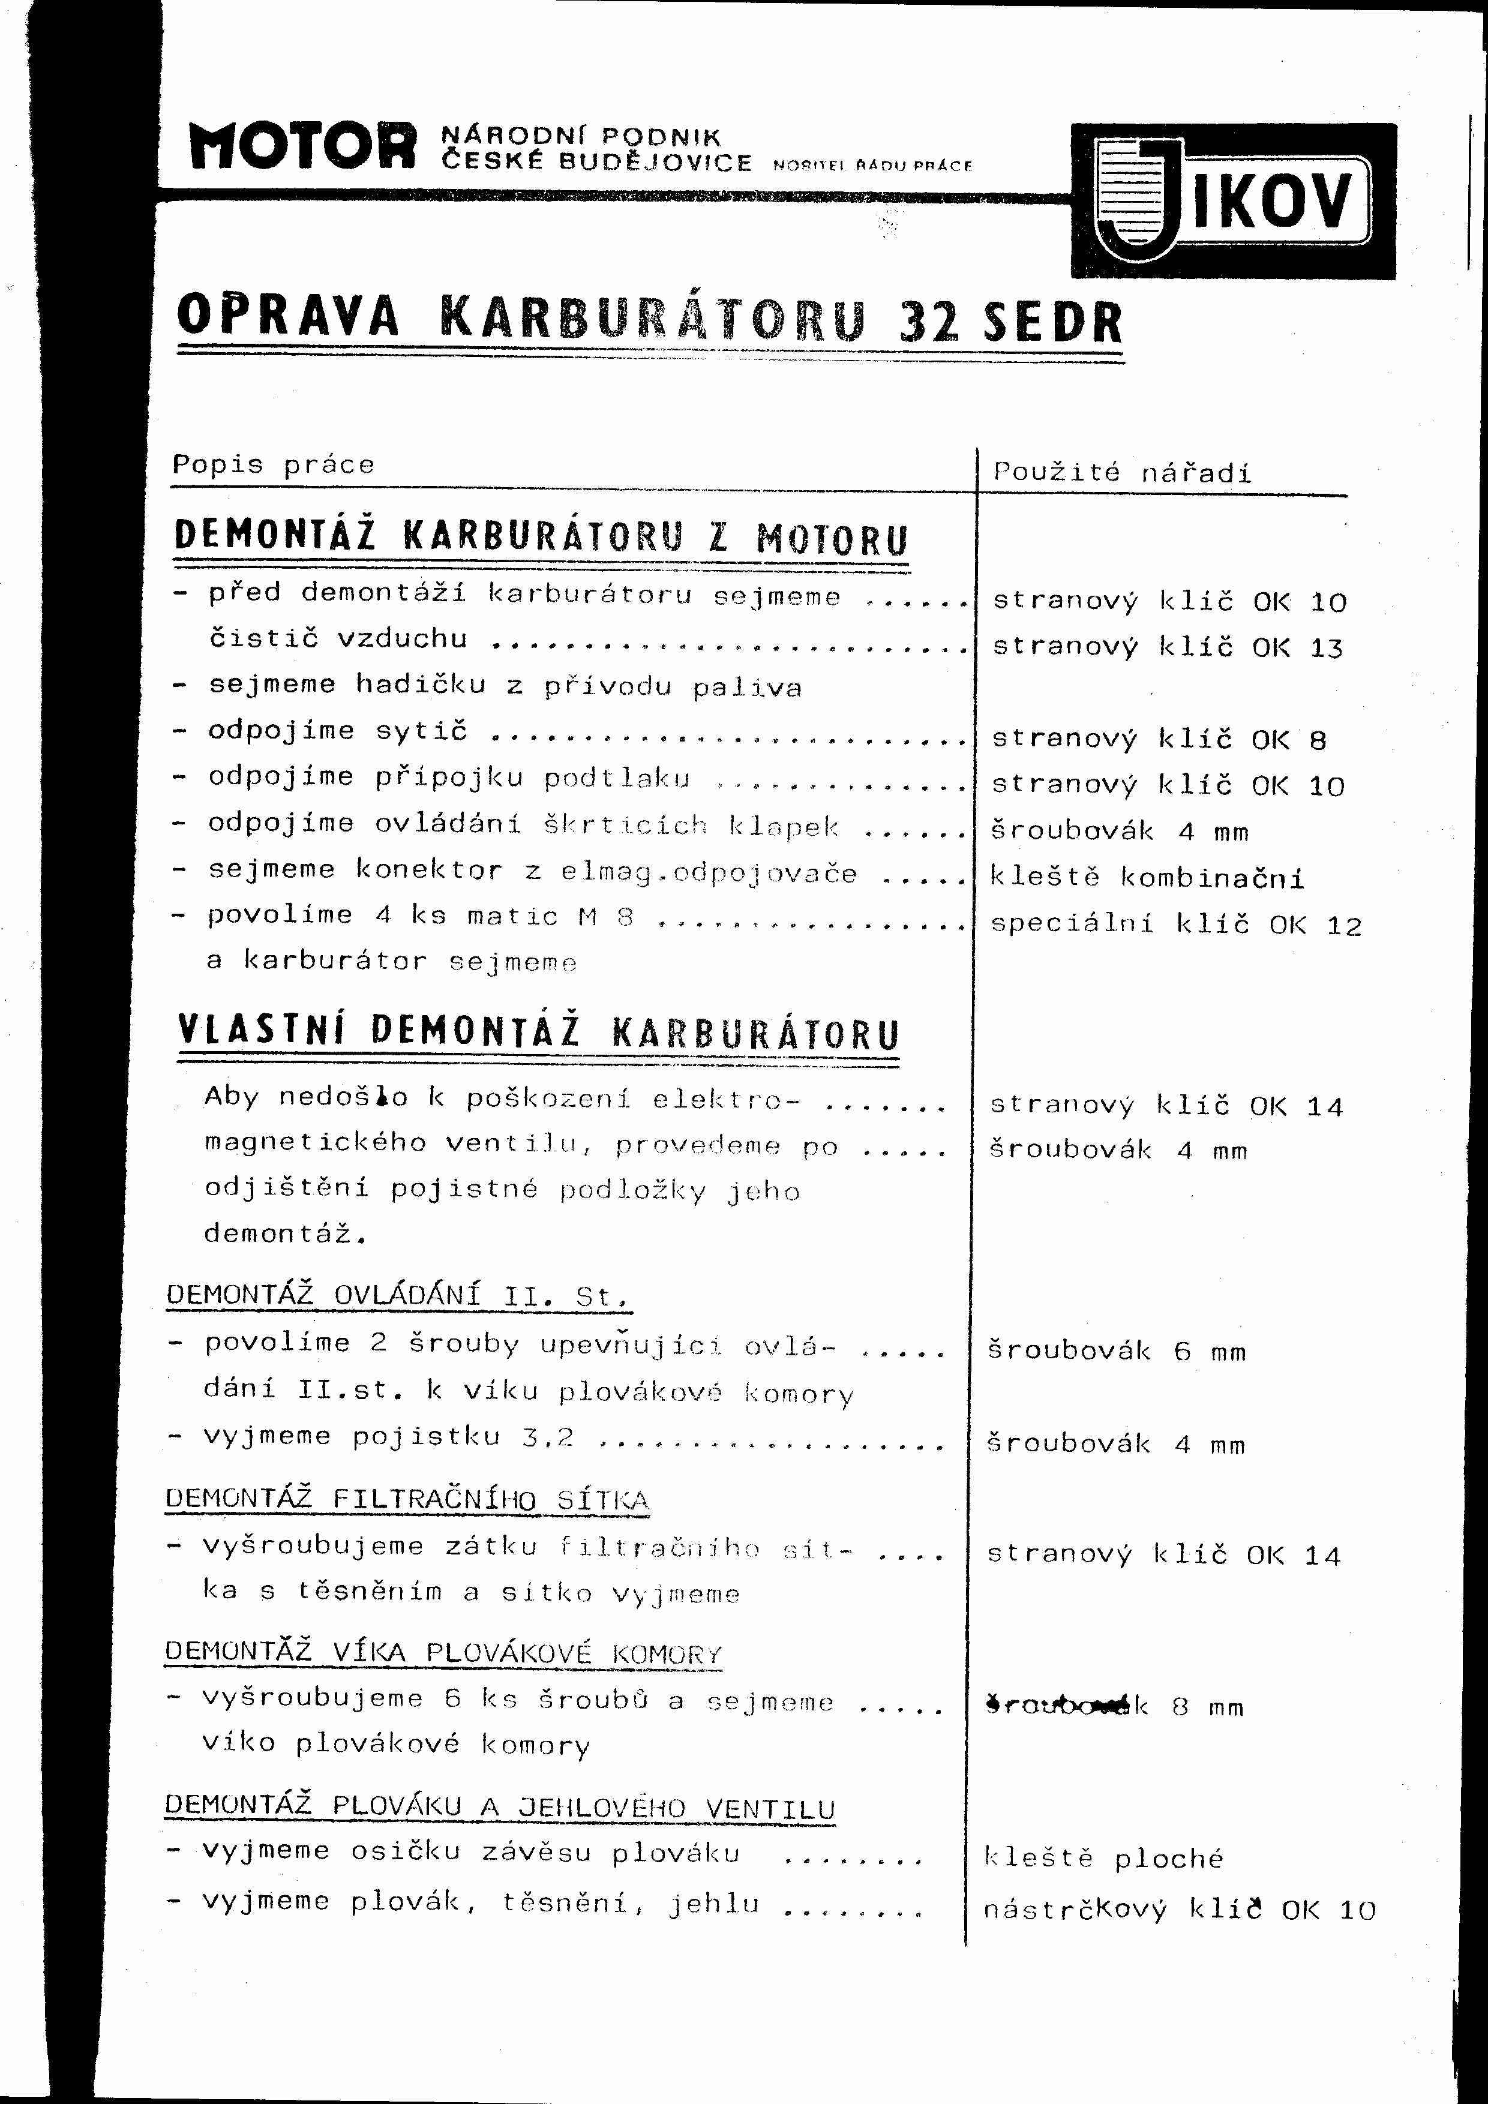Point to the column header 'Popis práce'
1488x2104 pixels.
tap(273, 464)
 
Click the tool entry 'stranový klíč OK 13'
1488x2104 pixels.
tap(1168, 648)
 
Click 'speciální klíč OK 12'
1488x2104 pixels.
tap(1175, 924)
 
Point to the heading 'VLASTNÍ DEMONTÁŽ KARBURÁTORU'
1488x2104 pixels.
tap(538, 1032)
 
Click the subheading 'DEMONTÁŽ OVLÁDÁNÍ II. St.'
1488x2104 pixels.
tap(398, 1296)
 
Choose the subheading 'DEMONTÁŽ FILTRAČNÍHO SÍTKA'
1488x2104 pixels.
tap(407, 1499)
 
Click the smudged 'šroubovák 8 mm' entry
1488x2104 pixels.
tap(1114, 1706)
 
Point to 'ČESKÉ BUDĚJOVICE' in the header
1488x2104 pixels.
tap(596, 163)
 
